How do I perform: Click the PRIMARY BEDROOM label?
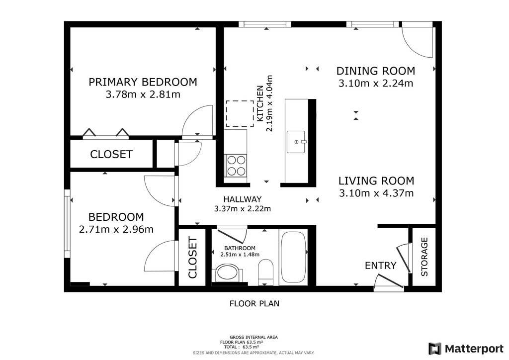click(x=143, y=82)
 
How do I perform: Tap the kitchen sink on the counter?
click(x=296, y=142)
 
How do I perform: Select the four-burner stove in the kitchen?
click(x=236, y=166)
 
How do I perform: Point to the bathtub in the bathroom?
click(x=293, y=257)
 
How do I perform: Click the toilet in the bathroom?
click(x=265, y=271)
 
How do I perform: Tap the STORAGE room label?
click(x=424, y=257)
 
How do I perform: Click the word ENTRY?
click(x=380, y=266)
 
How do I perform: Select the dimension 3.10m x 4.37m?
click(x=376, y=193)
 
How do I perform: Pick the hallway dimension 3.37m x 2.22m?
click(x=243, y=209)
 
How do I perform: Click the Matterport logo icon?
click(x=435, y=349)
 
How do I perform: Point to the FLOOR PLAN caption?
click(x=254, y=303)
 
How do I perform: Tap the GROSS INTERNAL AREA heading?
click(x=254, y=337)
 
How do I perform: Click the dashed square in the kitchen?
click(x=240, y=113)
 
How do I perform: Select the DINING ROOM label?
click(x=376, y=71)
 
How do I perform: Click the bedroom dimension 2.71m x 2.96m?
click(x=116, y=230)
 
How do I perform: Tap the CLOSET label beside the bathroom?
click(x=192, y=258)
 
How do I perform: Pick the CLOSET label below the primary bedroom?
click(x=111, y=154)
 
